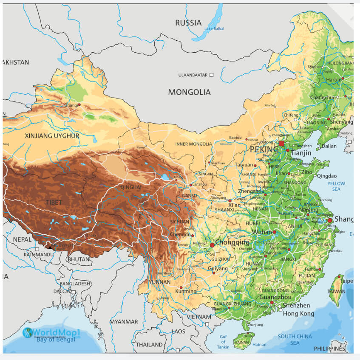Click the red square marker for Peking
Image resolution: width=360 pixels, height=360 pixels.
(281, 143)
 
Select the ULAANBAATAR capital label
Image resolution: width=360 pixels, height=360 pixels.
(193, 75)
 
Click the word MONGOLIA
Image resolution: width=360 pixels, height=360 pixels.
(189, 92)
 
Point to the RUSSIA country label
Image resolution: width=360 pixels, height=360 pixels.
(188, 23)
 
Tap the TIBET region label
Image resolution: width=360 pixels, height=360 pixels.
(54, 202)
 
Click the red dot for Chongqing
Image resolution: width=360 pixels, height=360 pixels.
(212, 245)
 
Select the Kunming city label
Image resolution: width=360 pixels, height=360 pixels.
(186, 292)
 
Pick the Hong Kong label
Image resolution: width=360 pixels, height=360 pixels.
(298, 314)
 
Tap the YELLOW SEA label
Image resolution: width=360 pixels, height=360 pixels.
(336, 186)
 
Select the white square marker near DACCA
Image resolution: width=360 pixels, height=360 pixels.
(74, 292)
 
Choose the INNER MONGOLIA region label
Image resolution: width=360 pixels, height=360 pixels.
(193, 144)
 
